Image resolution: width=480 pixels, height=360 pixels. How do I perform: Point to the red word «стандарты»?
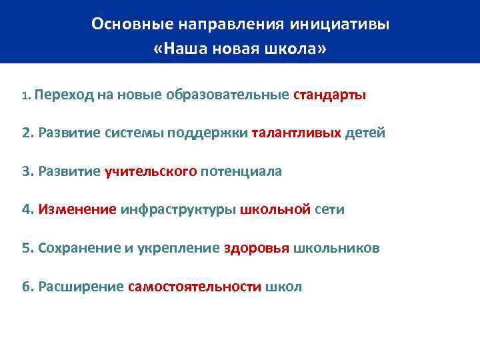pos(329,95)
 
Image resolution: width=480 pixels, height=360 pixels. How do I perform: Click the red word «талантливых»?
pos(297,133)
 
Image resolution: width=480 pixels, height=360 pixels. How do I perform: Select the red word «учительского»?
pos(151,171)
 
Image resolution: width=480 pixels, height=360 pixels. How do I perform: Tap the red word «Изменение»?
pos(78,210)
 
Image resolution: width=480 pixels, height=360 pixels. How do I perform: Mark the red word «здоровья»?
pos(256,249)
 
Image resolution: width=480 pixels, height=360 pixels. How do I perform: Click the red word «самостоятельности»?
pos(194,287)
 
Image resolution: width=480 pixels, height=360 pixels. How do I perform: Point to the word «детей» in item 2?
pos(365,133)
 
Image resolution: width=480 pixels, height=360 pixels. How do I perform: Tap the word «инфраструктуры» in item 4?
pos(178,210)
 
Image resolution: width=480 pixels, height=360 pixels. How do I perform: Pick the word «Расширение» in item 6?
pos(81,287)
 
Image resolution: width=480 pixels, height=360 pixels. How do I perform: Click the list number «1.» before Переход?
pos(26,96)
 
